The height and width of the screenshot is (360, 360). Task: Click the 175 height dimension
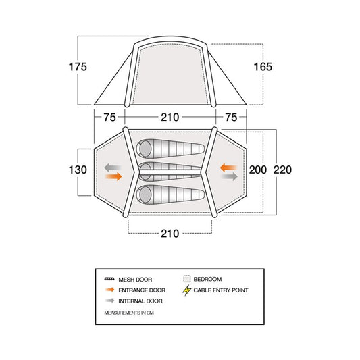tap(78, 67)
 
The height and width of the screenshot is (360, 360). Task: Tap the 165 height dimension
tap(263, 67)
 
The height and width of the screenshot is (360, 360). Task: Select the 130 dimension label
tap(78, 170)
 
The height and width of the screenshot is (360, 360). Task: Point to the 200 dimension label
tap(258, 170)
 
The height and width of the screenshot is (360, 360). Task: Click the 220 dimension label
tap(282, 170)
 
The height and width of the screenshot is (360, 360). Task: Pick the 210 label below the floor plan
tap(170, 234)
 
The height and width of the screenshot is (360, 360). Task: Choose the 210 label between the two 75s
tap(170, 118)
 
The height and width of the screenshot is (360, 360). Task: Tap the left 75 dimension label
tap(109, 118)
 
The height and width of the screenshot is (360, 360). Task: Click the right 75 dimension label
tap(231, 118)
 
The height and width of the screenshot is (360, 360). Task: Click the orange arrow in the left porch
tap(113, 176)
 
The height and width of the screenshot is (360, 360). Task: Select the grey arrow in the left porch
tap(113, 168)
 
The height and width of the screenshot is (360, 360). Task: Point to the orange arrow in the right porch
tap(228, 168)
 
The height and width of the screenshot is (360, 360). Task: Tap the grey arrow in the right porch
tap(230, 176)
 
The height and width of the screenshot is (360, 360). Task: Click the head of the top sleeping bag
tap(145, 149)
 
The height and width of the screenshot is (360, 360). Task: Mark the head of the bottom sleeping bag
tap(145, 195)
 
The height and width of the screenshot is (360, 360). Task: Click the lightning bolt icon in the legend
tap(187, 290)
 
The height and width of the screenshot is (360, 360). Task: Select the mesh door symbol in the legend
tap(109, 279)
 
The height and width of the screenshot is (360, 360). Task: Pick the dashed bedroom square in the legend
tap(187, 279)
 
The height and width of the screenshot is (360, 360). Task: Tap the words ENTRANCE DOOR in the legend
tap(142, 290)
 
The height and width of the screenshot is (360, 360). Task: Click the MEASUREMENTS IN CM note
tap(129, 313)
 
